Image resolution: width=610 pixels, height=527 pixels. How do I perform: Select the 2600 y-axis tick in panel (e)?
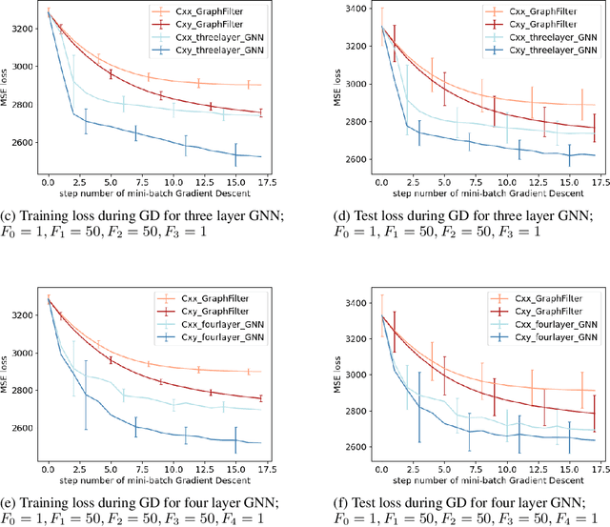tap(21, 428)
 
